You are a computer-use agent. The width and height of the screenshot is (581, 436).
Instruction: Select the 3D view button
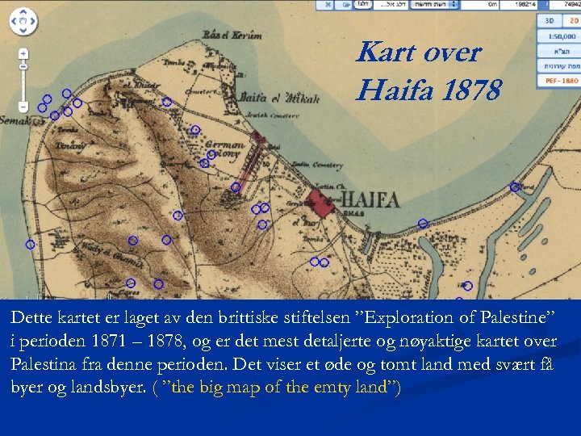550,21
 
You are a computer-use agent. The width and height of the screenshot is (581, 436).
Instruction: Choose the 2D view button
571,21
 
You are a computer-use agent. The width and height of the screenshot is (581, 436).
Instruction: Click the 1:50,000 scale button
560,36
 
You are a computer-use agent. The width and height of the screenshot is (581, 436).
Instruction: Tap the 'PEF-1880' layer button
560,81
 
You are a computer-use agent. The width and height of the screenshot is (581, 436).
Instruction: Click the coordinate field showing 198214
525,5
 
